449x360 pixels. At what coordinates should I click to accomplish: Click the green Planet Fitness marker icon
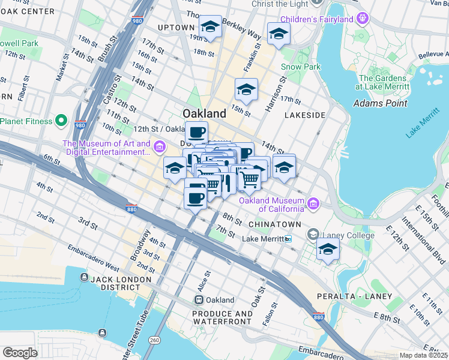pos(61,121)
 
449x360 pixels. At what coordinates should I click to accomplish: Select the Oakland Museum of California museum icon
pos(313,204)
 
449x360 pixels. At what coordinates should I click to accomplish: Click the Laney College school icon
pos(313,235)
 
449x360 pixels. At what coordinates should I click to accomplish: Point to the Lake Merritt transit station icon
pos(289,239)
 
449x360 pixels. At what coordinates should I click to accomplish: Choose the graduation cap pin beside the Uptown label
pos(210,28)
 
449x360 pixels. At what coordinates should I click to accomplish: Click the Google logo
pos(20,353)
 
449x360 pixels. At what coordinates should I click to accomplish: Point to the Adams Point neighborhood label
pos(381,103)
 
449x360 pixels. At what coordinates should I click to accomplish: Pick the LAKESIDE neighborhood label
pos(305,115)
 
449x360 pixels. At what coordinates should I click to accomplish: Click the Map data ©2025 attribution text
pos(423,355)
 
